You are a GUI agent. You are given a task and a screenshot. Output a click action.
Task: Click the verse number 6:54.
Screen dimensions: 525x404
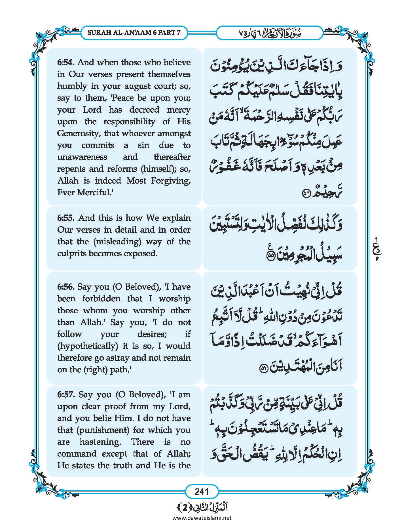(x=66, y=62)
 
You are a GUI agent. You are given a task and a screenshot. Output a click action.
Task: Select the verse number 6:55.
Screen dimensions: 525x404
(x=66, y=218)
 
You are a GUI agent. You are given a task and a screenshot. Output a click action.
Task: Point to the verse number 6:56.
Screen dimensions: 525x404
(x=66, y=287)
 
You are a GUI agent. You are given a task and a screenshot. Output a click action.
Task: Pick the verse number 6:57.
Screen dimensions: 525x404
(x=66, y=394)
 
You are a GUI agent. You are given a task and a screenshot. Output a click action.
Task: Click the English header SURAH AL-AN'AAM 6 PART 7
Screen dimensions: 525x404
(x=134, y=32)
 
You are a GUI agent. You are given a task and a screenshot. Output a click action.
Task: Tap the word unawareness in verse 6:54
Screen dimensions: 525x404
(x=82, y=157)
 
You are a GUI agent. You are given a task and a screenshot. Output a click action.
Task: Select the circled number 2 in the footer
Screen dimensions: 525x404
(x=185, y=507)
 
